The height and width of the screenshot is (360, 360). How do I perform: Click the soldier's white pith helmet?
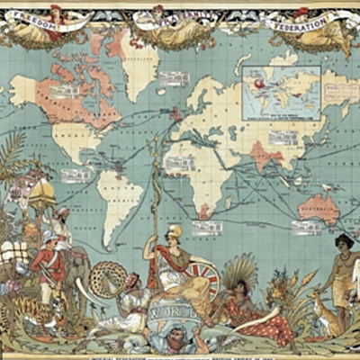[x=48, y=238]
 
